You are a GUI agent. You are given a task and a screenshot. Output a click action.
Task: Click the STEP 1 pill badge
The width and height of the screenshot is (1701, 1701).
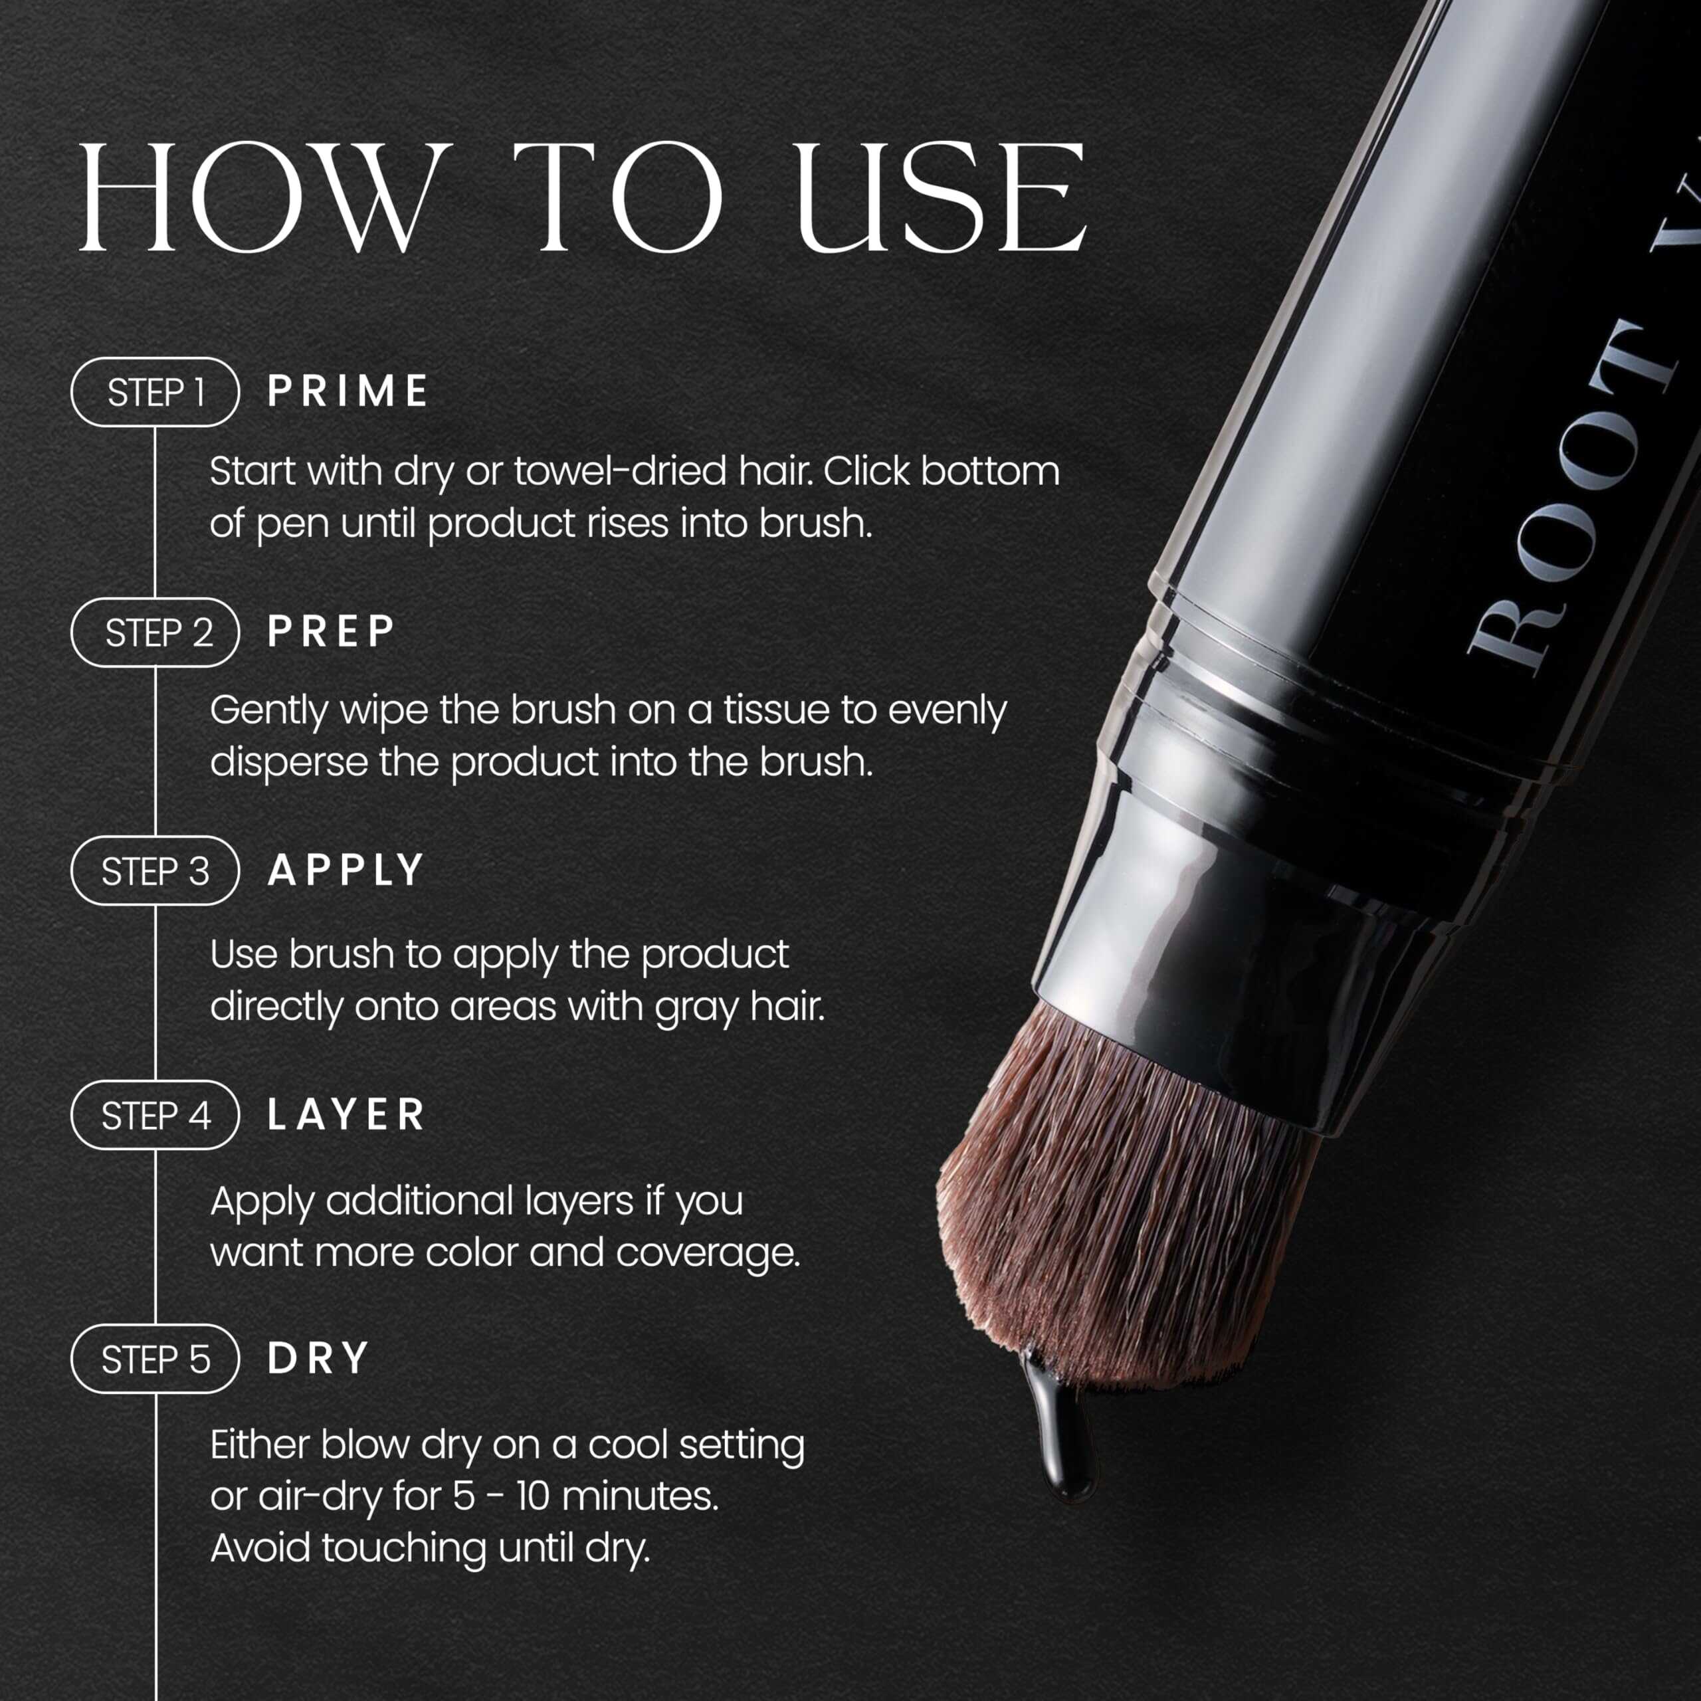[x=155, y=392]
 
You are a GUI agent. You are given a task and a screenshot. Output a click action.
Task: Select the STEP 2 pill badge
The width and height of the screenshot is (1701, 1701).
[x=155, y=632]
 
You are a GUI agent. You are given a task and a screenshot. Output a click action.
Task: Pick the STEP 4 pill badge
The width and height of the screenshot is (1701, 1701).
[x=155, y=1116]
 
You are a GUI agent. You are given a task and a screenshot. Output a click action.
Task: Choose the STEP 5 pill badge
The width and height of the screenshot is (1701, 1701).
[x=155, y=1359]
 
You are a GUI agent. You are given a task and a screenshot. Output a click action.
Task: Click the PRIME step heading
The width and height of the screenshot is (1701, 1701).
[x=348, y=392]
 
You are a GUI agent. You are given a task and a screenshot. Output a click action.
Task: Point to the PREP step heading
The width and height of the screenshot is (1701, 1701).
[x=331, y=632]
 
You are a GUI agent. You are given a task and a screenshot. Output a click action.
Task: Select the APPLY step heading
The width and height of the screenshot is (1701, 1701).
[x=346, y=870]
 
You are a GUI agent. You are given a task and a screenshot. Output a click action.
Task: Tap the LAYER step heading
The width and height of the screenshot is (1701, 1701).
[x=346, y=1115]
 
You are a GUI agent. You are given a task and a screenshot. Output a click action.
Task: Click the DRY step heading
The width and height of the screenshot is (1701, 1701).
[x=318, y=1359]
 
